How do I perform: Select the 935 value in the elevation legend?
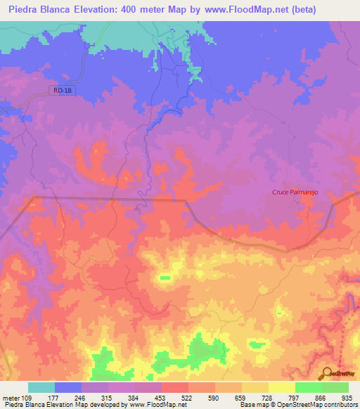click(347, 397)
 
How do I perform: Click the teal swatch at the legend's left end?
click(41, 387)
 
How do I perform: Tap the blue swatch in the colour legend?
click(68, 387)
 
